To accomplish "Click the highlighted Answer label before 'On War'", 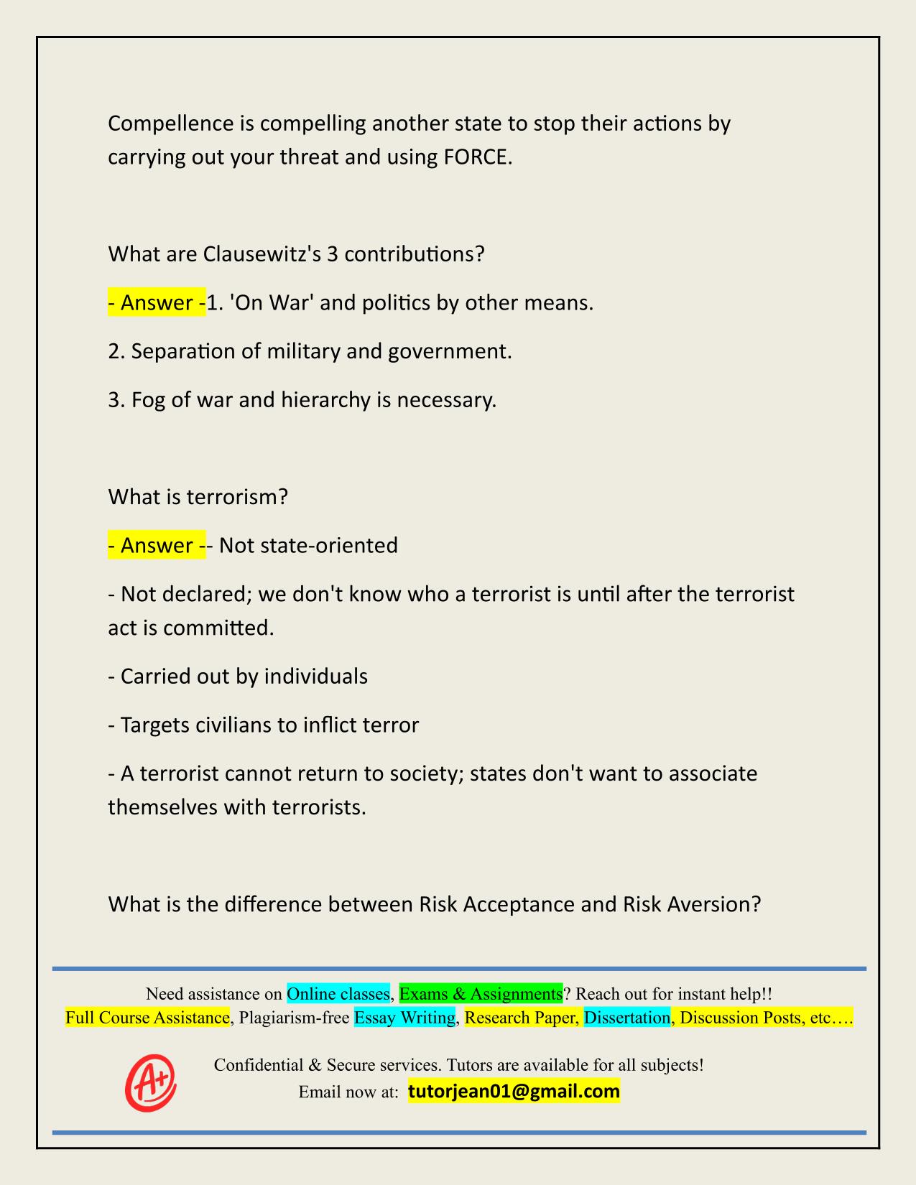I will pyautogui.click(x=156, y=303).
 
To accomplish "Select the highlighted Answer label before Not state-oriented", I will pyautogui.click(x=156, y=546).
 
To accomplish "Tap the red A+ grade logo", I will pyautogui.click(x=150, y=1082).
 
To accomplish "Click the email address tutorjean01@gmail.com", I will pyautogui.click(x=514, y=1092).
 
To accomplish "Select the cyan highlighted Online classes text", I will pyautogui.click(x=338, y=994).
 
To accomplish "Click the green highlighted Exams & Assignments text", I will pyautogui.click(x=481, y=994).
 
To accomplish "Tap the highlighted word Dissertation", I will pyautogui.click(x=626, y=1018).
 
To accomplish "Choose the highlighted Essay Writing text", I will pyautogui.click(x=405, y=1018).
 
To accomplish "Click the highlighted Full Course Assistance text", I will pyautogui.click(x=147, y=1018).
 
